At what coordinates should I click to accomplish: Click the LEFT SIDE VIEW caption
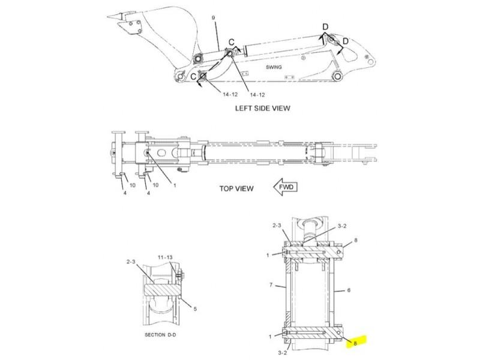(262, 108)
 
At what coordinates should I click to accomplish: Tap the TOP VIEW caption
(236, 188)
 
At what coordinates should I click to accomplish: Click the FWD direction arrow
(285, 187)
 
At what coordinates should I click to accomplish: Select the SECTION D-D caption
(160, 335)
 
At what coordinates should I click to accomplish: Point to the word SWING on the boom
(274, 67)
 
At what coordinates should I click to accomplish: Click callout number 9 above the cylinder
(214, 18)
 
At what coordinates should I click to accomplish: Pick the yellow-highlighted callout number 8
(355, 343)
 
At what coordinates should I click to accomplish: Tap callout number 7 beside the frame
(271, 285)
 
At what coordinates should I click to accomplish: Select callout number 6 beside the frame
(349, 290)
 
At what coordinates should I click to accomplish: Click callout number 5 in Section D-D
(195, 309)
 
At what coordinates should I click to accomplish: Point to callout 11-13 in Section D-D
(165, 257)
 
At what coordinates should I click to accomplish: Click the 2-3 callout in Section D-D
(131, 262)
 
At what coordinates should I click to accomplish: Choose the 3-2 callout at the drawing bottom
(283, 353)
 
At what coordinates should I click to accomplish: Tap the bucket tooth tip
(109, 17)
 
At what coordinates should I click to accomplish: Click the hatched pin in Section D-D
(161, 289)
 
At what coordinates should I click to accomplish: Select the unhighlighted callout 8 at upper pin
(355, 241)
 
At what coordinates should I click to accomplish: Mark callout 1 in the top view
(175, 185)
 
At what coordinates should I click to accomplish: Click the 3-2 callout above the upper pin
(342, 226)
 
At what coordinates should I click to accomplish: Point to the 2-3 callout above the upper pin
(277, 226)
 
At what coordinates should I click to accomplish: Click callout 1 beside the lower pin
(270, 337)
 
